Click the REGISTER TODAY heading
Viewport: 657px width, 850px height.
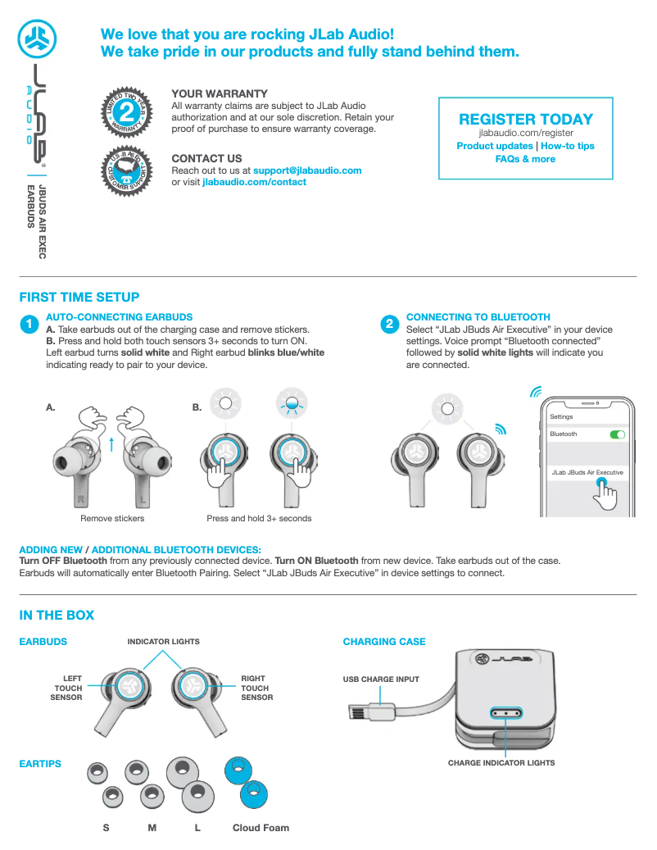[526, 119]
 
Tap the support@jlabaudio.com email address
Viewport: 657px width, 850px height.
[307, 170]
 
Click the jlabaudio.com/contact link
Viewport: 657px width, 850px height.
[254, 182]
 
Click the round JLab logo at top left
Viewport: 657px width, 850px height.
[39, 37]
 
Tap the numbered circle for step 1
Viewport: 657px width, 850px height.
[29, 325]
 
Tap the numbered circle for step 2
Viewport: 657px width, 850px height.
[389, 325]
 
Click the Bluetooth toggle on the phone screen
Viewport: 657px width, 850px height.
[618, 434]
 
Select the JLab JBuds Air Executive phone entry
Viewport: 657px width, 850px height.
[587, 473]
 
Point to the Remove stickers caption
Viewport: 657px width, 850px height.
[112, 518]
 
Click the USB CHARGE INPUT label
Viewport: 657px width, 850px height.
[381, 680]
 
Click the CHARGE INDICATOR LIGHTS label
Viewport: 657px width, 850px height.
[501, 763]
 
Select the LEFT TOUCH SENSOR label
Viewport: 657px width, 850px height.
[67, 688]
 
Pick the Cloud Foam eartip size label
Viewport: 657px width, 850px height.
[261, 828]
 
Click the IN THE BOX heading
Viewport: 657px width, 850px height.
[57, 615]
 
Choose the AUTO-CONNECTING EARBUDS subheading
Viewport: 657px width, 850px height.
[120, 316]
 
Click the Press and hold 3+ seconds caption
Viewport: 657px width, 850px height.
[259, 518]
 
